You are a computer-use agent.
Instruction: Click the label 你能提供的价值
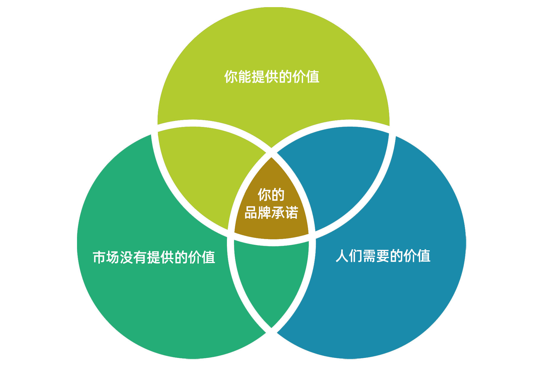(272, 77)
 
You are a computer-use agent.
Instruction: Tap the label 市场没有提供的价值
(154, 257)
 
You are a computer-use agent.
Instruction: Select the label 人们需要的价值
(383, 256)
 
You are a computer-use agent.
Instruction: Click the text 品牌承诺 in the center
(271, 213)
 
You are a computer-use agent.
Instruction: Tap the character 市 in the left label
(99, 257)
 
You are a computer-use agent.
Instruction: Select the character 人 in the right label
(342, 256)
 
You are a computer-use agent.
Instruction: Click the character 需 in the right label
(369, 256)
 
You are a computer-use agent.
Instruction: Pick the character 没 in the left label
(126, 257)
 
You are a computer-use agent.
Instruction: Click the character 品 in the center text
(251, 213)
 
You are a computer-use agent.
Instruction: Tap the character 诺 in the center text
(291, 213)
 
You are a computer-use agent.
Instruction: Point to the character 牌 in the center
(264, 213)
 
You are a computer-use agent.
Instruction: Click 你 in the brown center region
(264, 195)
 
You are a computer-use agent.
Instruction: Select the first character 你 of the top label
(230, 77)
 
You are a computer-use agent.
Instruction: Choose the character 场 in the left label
(113, 257)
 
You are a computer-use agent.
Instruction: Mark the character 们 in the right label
(355, 256)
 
